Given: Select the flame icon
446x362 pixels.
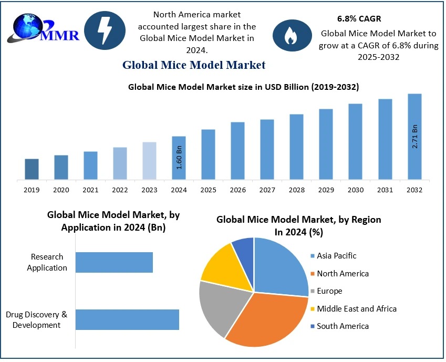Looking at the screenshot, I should point(289,36).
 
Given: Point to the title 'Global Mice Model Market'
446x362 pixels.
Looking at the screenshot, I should point(194,65).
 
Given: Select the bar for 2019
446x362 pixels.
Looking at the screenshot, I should point(32,169).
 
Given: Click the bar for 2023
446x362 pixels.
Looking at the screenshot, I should point(149,161).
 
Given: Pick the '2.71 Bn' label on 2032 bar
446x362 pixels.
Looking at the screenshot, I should point(415,137).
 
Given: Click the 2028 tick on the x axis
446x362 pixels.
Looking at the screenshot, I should point(296,190).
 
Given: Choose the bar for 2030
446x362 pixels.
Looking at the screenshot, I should point(356,142).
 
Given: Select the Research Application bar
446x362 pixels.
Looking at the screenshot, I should point(114,262).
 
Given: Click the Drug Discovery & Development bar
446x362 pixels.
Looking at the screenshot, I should point(127,319).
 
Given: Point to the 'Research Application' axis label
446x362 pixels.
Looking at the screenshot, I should point(47,262).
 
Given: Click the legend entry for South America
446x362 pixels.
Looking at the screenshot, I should point(343,326).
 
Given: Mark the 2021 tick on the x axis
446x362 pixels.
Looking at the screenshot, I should point(90,190).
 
